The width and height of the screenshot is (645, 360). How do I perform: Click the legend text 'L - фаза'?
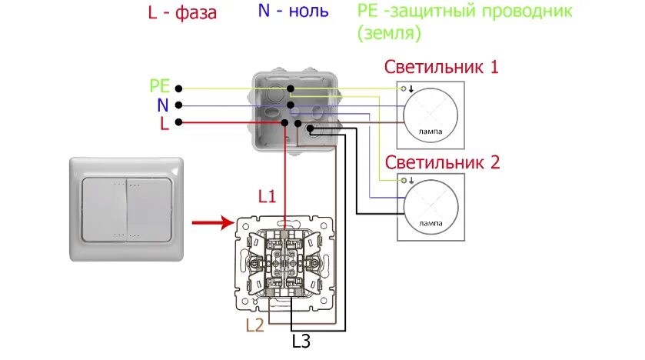[181, 13]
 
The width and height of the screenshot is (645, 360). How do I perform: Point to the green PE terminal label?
[160, 87]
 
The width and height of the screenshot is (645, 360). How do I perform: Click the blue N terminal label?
[163, 105]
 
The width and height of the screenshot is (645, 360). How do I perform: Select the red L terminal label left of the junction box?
[165, 123]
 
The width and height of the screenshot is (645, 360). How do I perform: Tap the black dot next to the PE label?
[178, 88]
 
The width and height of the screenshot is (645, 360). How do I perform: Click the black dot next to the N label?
[178, 105]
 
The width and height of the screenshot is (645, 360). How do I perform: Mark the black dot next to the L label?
[178, 122]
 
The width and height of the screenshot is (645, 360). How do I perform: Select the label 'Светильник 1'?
[442, 66]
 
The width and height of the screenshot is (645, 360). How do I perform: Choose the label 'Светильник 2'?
[442, 162]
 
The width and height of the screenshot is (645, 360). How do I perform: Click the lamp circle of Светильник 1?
[431, 115]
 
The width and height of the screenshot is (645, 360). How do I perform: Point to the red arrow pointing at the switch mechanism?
[211, 223]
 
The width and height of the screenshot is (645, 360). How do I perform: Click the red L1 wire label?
[267, 196]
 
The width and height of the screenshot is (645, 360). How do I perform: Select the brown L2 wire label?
[254, 325]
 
